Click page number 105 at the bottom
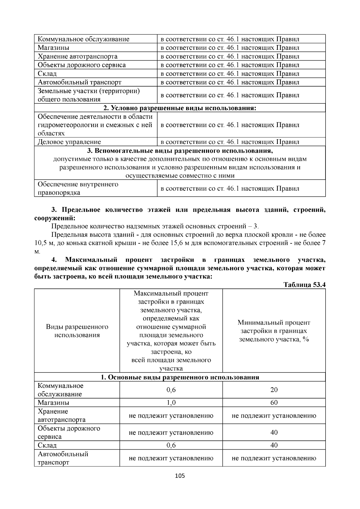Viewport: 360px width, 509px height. (180, 476)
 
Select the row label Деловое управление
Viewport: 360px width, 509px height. (69, 142)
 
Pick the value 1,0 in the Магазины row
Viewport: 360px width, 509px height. (171, 403)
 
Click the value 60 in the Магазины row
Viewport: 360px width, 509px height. (274, 403)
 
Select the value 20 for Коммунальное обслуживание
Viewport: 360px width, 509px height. (274, 390)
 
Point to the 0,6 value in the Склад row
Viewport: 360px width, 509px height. (171, 445)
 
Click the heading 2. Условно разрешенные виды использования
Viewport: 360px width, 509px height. (180, 108)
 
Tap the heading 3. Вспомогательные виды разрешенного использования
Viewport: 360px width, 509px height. (180, 151)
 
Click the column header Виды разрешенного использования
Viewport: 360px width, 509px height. (77, 331)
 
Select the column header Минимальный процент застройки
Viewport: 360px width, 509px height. (274, 331)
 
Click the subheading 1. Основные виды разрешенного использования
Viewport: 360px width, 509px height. (180, 377)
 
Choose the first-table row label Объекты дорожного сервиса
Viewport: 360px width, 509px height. (82, 65)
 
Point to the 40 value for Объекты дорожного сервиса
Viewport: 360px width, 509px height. (274, 433)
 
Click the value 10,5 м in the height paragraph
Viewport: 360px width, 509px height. (44, 243)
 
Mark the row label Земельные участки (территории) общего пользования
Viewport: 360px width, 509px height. (89, 95)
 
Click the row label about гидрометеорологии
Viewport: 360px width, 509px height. (95, 125)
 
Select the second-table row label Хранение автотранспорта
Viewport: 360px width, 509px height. (61, 415)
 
